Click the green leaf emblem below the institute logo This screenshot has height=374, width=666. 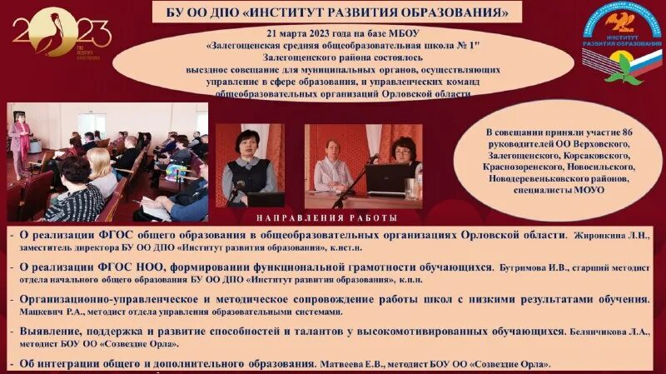point(625,66)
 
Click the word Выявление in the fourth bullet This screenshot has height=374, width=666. point(51,331)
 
